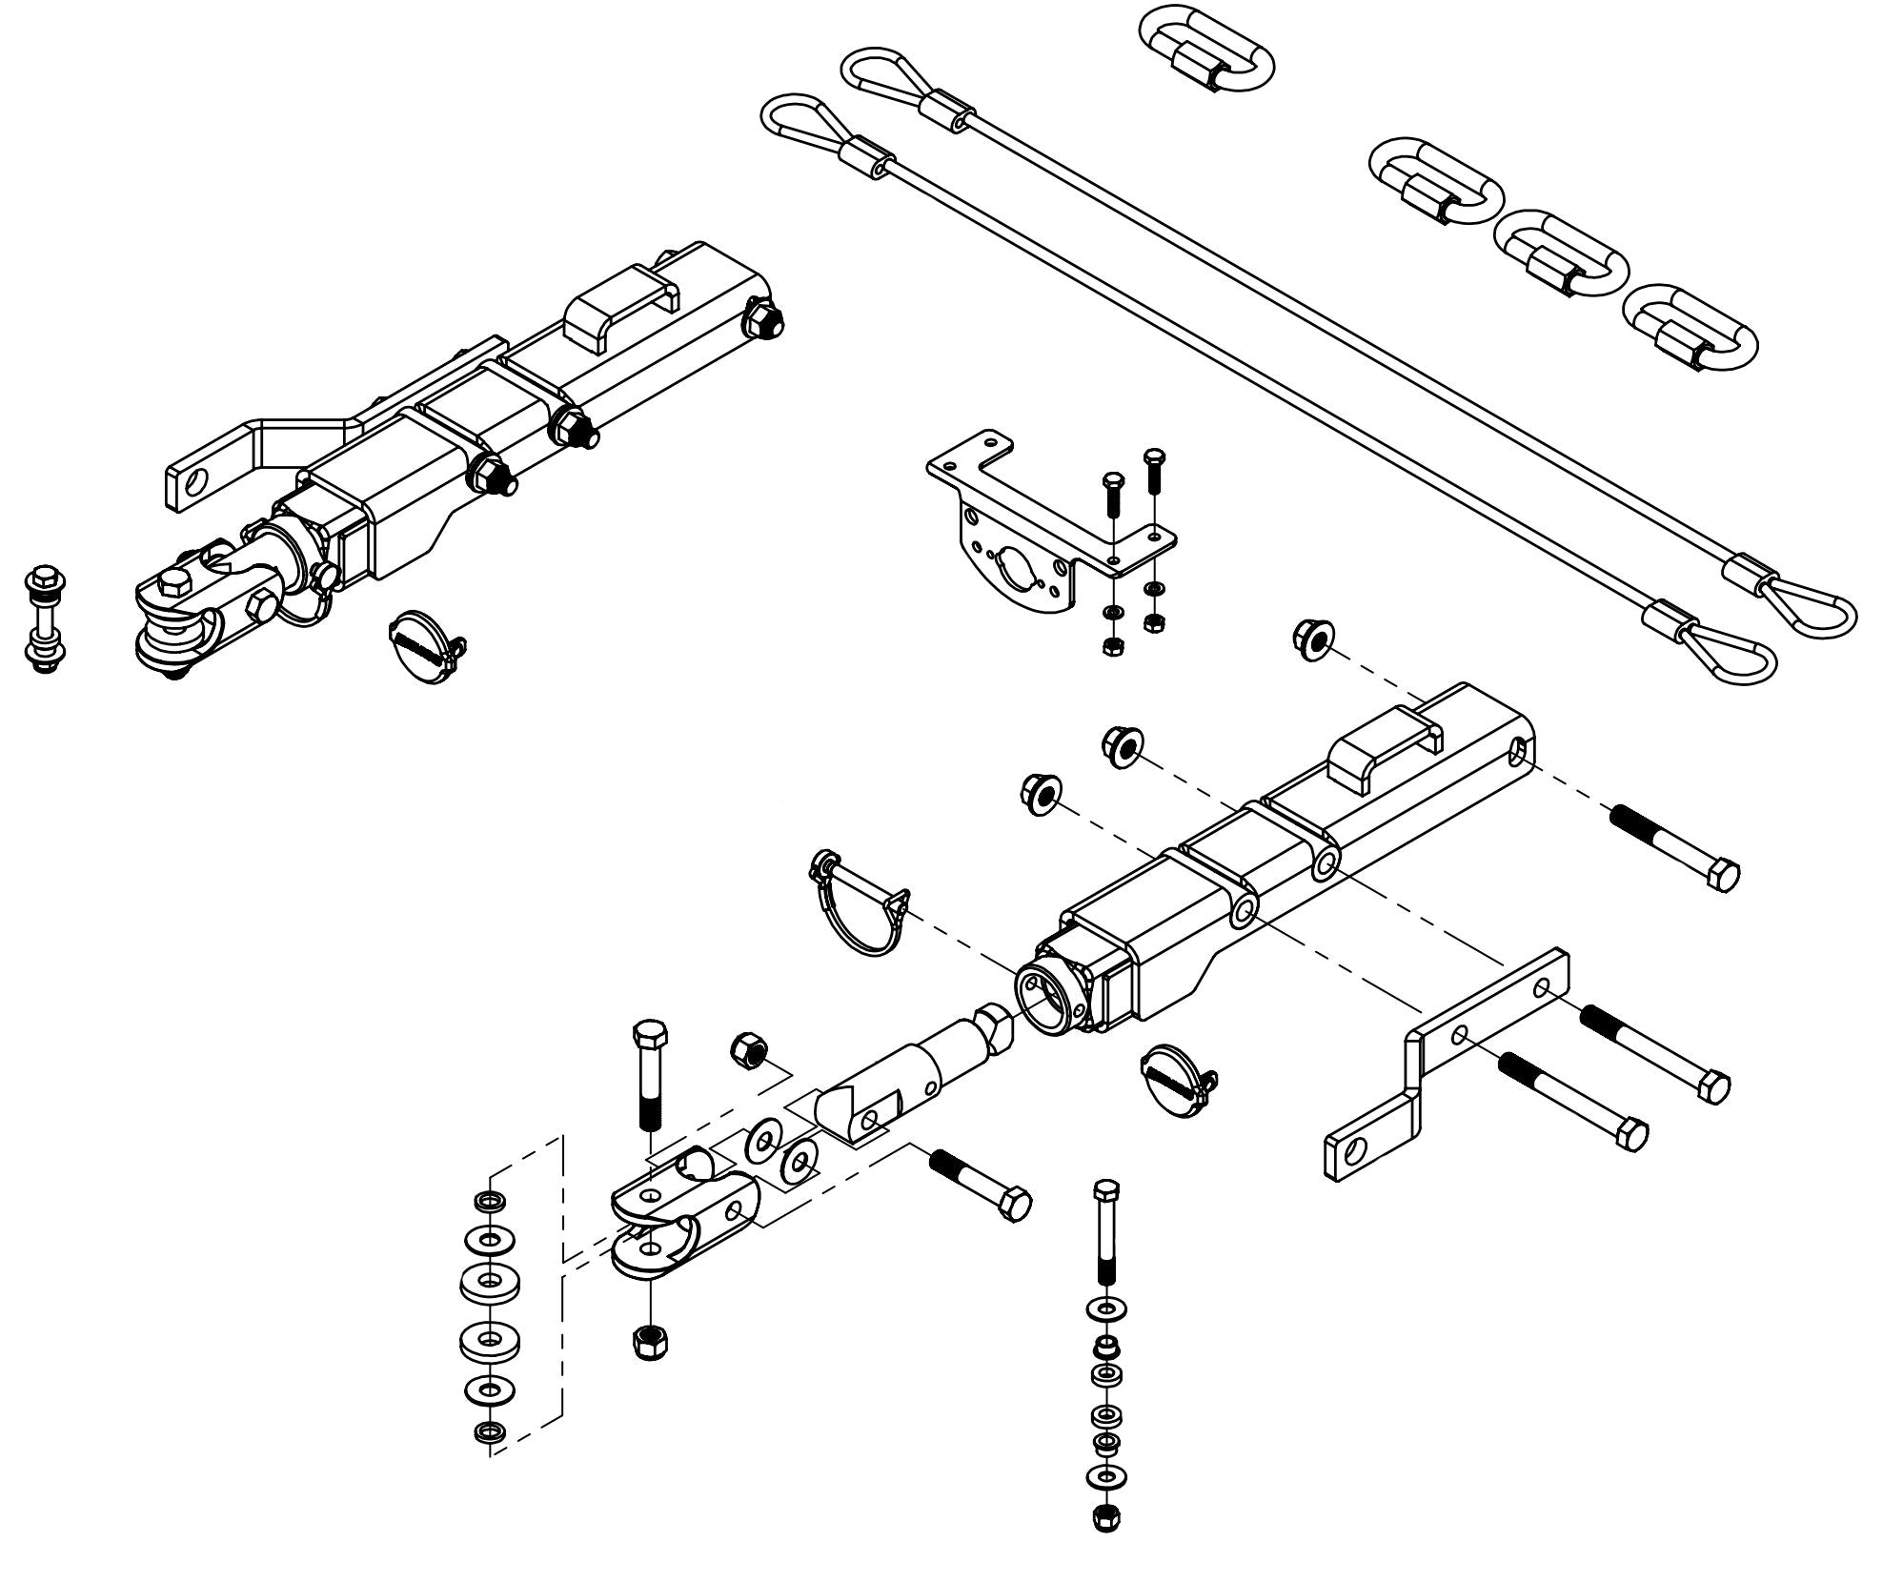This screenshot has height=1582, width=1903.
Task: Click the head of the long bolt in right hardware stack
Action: [1105, 1191]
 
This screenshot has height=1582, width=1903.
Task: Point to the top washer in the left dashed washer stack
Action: [490, 1198]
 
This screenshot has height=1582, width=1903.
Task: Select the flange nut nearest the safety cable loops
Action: [1312, 638]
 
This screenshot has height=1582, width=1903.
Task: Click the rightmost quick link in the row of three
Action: [1690, 325]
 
